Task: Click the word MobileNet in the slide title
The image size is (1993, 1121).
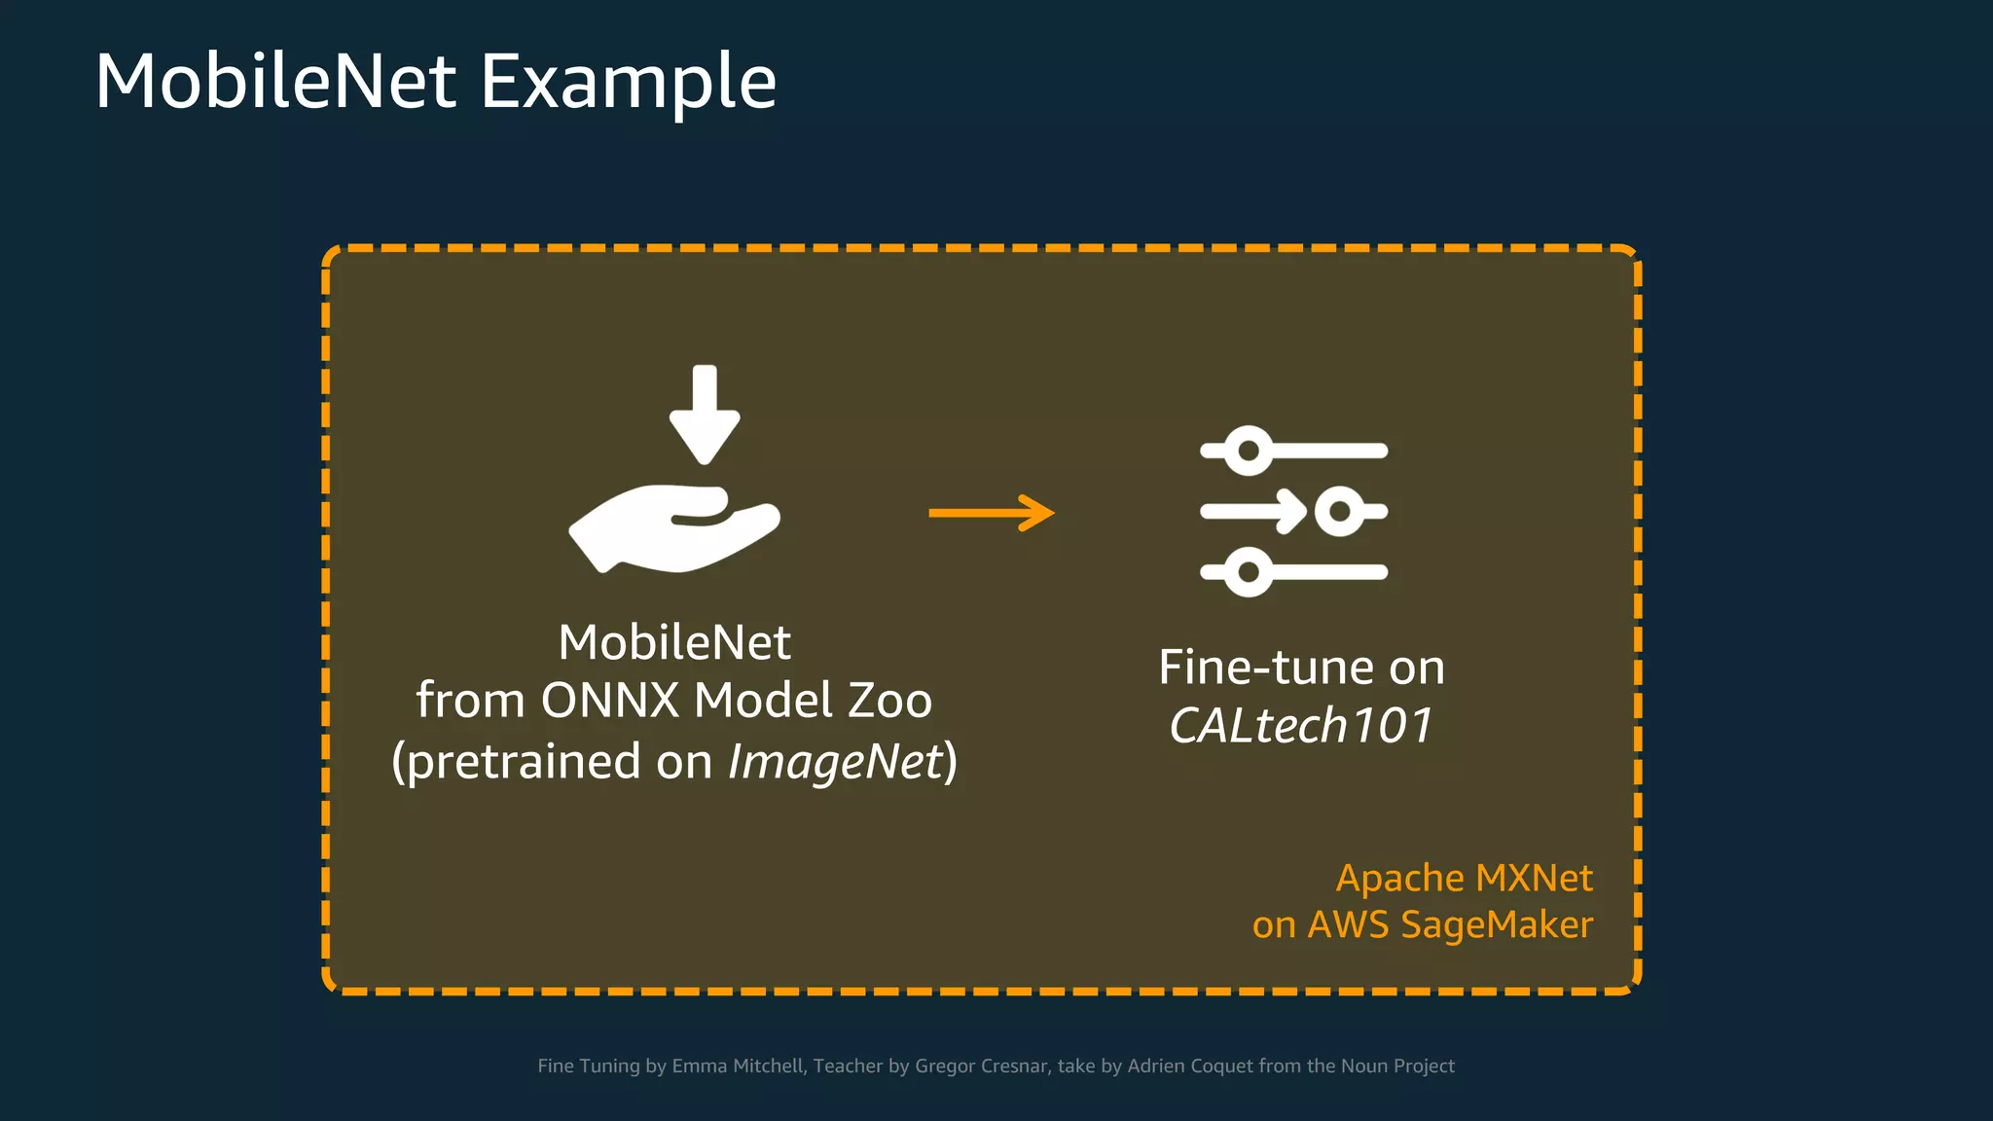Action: click(275, 82)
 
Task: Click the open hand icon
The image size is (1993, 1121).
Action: click(674, 528)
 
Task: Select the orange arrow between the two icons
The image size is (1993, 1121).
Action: click(991, 513)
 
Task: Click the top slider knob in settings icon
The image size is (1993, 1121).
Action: click(1248, 451)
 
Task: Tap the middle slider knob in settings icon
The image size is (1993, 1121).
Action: click(1340, 511)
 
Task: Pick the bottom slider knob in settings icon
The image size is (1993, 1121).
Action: click(1248, 572)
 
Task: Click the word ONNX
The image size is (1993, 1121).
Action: click(610, 701)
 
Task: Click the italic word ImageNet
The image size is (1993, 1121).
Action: click(836, 761)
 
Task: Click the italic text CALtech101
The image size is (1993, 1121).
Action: click(1301, 726)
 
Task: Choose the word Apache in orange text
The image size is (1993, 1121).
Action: click(1397, 879)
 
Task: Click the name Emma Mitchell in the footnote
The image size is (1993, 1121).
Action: click(738, 1066)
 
